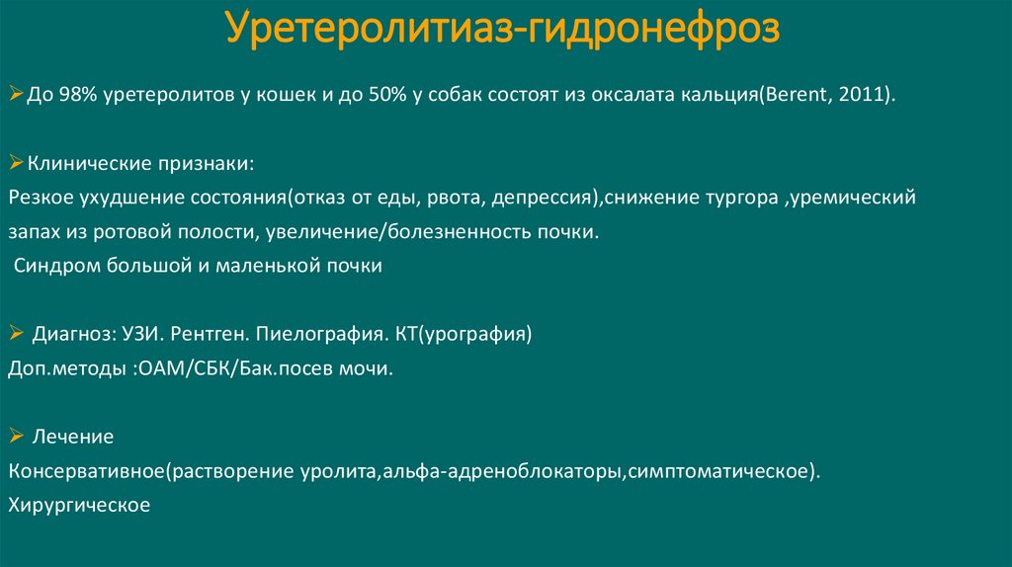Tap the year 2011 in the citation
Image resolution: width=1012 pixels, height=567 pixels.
click(863, 96)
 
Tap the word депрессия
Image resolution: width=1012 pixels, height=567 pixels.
click(541, 198)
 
